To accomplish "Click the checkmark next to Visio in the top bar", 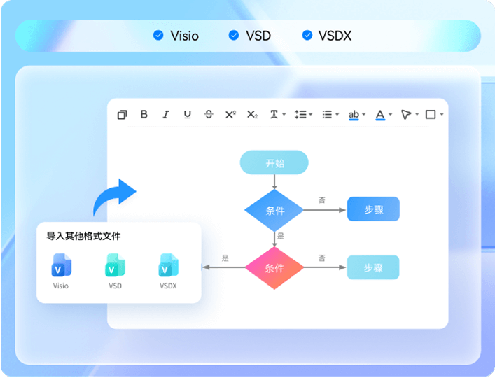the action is (x=158, y=35).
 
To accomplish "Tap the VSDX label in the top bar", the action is (x=335, y=36).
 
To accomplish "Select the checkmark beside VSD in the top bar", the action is (x=234, y=35).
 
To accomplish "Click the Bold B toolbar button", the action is (x=144, y=114).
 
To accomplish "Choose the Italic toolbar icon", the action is (x=166, y=114).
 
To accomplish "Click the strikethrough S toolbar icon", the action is (x=209, y=114).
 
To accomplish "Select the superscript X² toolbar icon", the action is (x=230, y=114).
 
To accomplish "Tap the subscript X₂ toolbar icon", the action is (x=252, y=114).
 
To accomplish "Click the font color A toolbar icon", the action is (x=380, y=115).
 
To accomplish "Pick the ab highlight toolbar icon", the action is (x=354, y=115).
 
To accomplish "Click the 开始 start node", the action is (x=274, y=162).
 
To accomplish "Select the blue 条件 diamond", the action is (x=274, y=210).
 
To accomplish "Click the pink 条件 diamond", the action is (x=274, y=268).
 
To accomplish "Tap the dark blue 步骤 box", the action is (x=373, y=209).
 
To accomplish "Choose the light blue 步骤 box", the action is (x=373, y=267).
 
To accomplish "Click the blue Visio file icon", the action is (x=61, y=265).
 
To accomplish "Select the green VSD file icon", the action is (x=115, y=265).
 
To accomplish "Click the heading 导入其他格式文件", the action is (x=83, y=236).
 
